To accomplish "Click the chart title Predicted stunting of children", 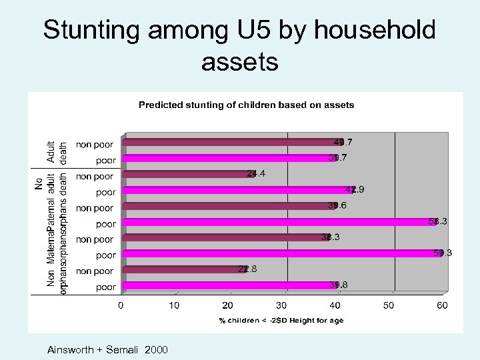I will [246, 105].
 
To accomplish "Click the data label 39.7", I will [337, 158].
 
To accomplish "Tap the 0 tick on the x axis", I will [121, 306].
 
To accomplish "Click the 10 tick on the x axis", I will [174, 306].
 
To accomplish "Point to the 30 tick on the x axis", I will [281, 306].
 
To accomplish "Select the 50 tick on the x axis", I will [389, 306].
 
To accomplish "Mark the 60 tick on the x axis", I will [442, 306].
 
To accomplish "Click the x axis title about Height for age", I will [281, 321].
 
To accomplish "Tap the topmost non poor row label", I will [95, 144].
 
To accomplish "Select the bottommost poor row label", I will [105, 287].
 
